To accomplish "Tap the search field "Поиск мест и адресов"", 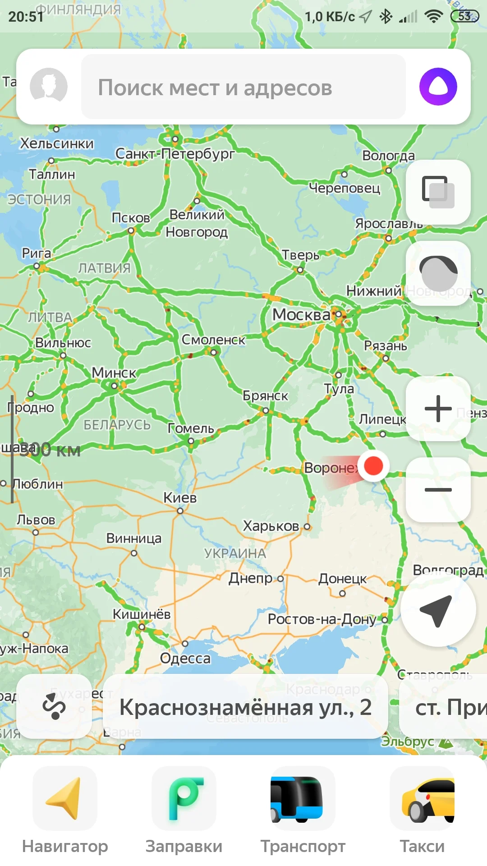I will point(243,87).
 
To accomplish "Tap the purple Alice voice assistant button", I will point(438,87).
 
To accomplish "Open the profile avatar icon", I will point(49,87).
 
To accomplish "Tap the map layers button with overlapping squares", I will point(438,192).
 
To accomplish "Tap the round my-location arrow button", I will point(438,610).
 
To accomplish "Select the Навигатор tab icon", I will point(65,799).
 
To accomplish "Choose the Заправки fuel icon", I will point(184,799).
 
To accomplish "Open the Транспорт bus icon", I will point(303,799).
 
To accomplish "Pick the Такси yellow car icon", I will point(422,799).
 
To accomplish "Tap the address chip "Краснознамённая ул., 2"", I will point(245,707).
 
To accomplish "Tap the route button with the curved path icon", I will point(54,706).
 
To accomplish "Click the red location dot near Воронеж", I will point(373,465).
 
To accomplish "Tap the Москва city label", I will point(301,314).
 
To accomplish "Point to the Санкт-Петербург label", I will point(175,154).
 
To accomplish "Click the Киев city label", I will point(180,497).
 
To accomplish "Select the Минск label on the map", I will point(114,373).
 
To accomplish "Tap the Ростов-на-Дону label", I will point(322,619).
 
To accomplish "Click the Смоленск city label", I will point(213,340).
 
